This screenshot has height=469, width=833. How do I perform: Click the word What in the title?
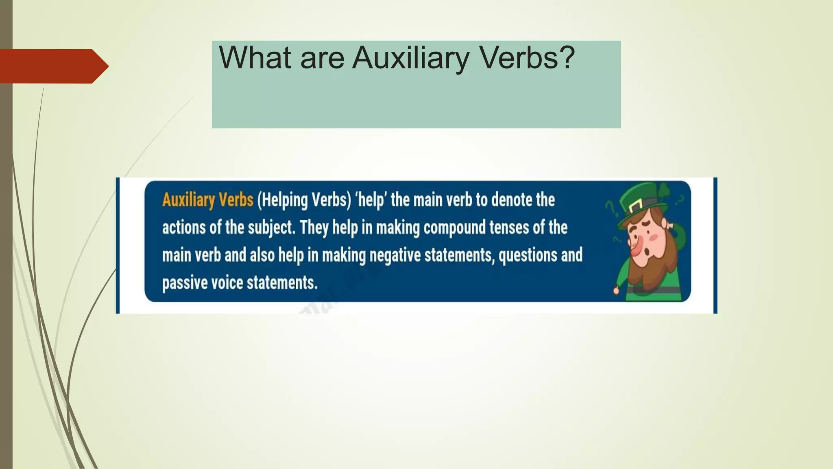coord(255,57)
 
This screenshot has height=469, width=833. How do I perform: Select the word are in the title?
coord(322,58)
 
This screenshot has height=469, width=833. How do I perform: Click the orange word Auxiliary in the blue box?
coord(188,200)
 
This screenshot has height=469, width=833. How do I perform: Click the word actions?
coord(184,228)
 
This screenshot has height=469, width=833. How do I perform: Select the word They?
coord(314,228)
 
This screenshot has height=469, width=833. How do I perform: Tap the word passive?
coord(184,283)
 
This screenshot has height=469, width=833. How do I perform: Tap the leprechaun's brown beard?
coord(651,269)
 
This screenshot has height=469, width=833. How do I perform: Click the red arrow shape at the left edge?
coord(53,66)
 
